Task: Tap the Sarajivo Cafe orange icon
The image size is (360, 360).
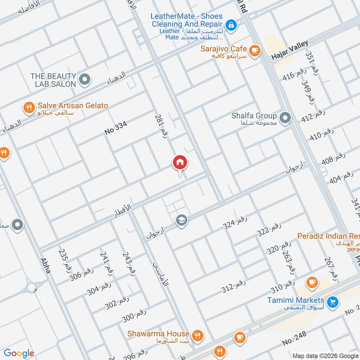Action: pos(255,50)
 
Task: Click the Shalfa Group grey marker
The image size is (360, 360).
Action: pos(284,119)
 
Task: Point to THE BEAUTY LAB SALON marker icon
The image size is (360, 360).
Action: pos(84,81)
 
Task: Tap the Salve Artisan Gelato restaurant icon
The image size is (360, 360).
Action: pos(29,108)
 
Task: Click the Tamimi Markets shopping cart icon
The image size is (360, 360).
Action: pos(333,301)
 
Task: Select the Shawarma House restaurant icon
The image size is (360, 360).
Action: pos(197,335)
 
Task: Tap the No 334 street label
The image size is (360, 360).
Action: pos(116,129)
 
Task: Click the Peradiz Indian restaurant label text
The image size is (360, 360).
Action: pos(328,236)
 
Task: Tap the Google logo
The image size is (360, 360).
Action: pos(19,353)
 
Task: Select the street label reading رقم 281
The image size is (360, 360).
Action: pos(161,126)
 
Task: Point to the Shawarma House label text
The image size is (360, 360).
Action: pos(158,333)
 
